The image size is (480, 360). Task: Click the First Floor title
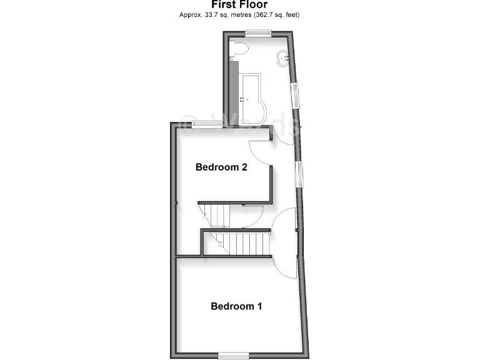(x=240, y=5)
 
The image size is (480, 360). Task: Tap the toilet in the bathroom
(x=240, y=49)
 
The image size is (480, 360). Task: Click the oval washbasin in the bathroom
(x=282, y=58)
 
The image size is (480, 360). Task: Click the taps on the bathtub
(x=244, y=98)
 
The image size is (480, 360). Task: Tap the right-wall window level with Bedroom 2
(x=300, y=174)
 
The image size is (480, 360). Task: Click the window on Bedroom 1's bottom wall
(x=234, y=356)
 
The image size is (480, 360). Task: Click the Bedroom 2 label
(x=222, y=167)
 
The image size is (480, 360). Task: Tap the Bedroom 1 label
(x=236, y=306)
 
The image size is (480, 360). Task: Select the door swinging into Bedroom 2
(x=260, y=153)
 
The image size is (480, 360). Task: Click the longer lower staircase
(x=244, y=244)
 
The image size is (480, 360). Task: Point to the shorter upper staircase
(x=216, y=215)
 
